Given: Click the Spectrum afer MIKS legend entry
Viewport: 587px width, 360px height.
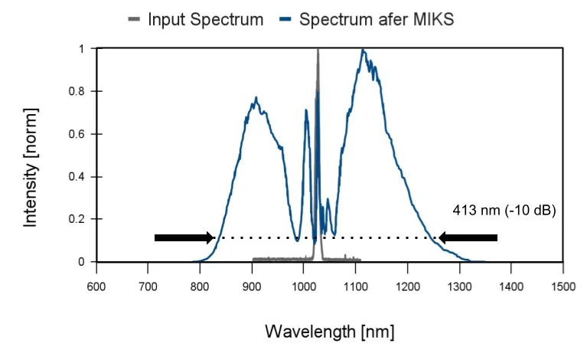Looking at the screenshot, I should tap(368, 19).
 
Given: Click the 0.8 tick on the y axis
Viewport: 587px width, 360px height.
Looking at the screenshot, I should tap(78, 92).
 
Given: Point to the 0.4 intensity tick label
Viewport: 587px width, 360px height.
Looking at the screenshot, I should tap(78, 177).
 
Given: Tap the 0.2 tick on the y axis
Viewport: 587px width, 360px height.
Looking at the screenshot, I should tap(78, 220).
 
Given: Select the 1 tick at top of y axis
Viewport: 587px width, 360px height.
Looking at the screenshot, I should tap(83, 49).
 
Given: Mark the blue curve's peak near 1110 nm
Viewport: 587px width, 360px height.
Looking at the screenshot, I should tap(363, 51).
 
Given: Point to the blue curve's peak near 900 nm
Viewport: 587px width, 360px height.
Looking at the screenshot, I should tap(256, 98).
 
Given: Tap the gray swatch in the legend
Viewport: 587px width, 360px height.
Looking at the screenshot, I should tap(135, 19).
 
